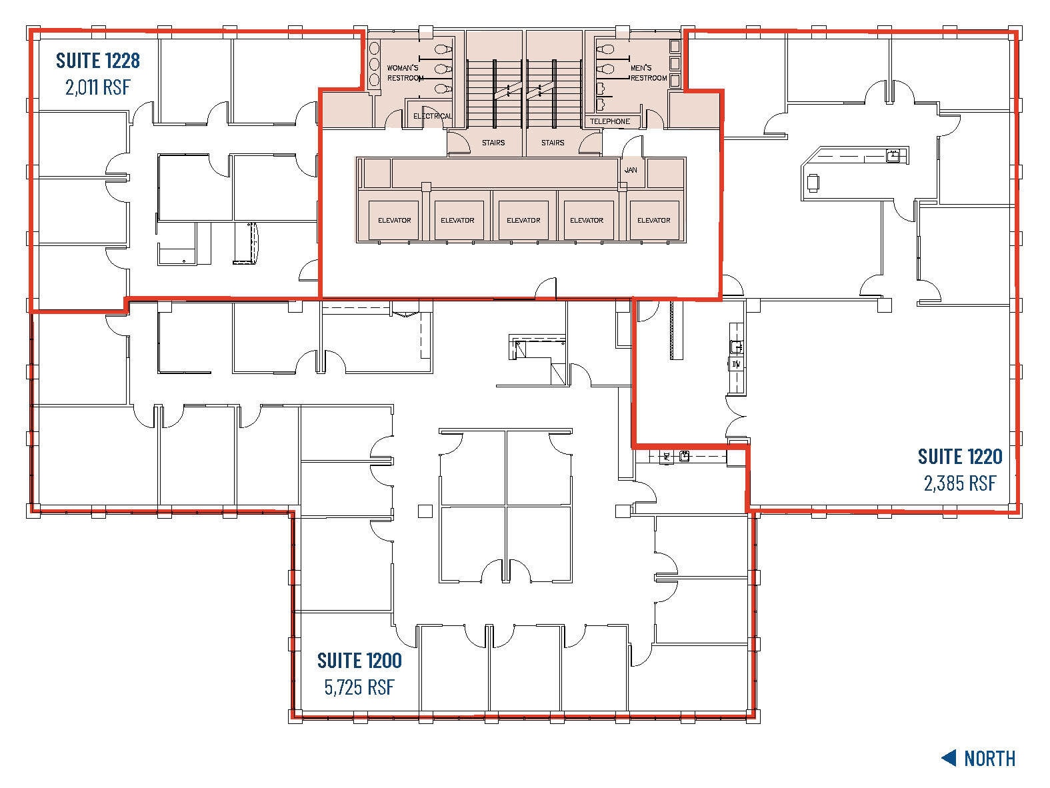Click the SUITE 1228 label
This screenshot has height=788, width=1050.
97,61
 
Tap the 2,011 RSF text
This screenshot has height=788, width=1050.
97,87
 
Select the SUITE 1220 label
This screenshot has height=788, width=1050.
959,457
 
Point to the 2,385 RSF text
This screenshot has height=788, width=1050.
959,483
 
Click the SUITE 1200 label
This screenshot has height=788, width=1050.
359,661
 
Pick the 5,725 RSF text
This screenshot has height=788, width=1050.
359,687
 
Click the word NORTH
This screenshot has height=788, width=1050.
989,758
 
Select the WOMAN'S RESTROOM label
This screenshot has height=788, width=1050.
405,73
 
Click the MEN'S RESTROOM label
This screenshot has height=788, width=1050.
648,73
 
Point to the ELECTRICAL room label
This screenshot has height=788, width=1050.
431,116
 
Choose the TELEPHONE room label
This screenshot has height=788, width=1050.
609,121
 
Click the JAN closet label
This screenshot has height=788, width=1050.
631,170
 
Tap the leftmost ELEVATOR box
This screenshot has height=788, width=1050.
394,220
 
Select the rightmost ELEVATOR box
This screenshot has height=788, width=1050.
653,220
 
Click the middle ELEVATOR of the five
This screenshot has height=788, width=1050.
523,220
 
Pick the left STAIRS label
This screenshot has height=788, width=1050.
493,143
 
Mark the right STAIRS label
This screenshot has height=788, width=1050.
553,143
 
